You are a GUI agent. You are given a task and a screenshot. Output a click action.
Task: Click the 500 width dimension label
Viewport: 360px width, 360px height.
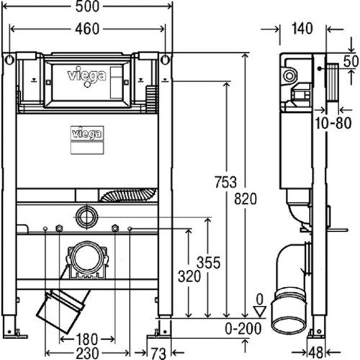[x=87, y=6]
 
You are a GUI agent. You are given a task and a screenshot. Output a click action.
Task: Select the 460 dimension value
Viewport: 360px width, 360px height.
[x=87, y=29]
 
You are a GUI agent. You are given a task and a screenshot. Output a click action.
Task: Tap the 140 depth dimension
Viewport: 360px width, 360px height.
[x=302, y=29]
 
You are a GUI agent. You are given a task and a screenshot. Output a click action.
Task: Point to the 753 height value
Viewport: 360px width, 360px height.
[x=225, y=182]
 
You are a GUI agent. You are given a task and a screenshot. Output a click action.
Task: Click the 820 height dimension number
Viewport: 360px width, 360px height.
[x=246, y=199]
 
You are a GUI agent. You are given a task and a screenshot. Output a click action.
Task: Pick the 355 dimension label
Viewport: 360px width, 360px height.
[x=208, y=263]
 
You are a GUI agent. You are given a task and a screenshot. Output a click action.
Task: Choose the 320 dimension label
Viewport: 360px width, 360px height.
[x=189, y=276]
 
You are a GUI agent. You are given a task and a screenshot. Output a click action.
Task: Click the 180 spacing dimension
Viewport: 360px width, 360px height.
[x=87, y=339]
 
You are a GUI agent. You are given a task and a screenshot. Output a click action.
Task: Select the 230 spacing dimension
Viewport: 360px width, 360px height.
[x=87, y=354]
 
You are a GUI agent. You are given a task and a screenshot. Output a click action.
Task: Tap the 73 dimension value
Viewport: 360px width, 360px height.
[x=158, y=354]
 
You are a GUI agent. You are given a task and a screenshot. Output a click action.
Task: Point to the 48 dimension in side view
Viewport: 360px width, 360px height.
[x=315, y=353]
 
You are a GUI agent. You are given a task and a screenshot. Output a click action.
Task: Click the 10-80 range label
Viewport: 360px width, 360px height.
[x=333, y=123]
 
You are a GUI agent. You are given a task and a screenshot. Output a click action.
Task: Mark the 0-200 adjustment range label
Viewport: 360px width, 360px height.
[x=243, y=329]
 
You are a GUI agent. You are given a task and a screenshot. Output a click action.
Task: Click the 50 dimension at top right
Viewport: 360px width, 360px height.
[x=351, y=61]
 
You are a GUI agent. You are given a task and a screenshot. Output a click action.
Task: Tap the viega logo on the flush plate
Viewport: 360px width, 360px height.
[x=86, y=76]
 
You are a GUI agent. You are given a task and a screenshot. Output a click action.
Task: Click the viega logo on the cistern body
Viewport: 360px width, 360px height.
[x=87, y=134]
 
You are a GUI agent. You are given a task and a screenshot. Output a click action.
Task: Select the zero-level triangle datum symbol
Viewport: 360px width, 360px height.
[x=260, y=311]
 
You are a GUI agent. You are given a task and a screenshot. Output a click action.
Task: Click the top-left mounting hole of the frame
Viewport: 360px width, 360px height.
[x=9, y=60]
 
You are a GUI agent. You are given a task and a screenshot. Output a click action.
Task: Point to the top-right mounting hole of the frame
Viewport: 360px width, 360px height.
[x=165, y=60]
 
